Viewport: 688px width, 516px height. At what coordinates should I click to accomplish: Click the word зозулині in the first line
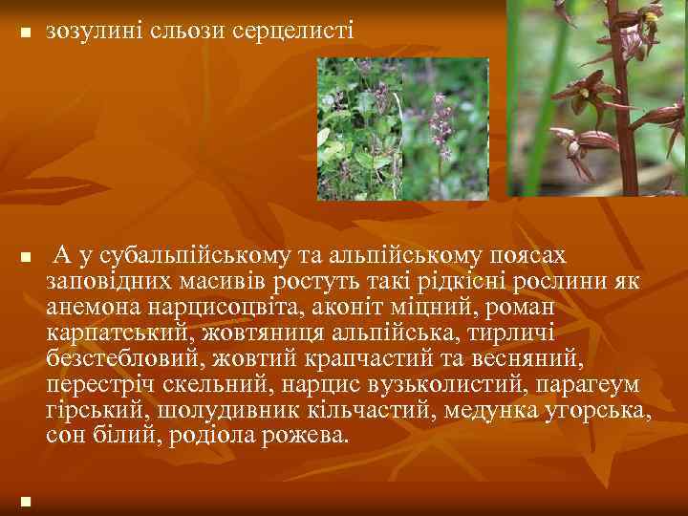click(92, 32)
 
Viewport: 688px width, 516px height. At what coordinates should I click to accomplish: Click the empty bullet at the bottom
click(25, 500)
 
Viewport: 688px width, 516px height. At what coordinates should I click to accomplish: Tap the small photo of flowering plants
click(402, 128)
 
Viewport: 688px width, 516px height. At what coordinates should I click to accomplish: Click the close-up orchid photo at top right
click(597, 97)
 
